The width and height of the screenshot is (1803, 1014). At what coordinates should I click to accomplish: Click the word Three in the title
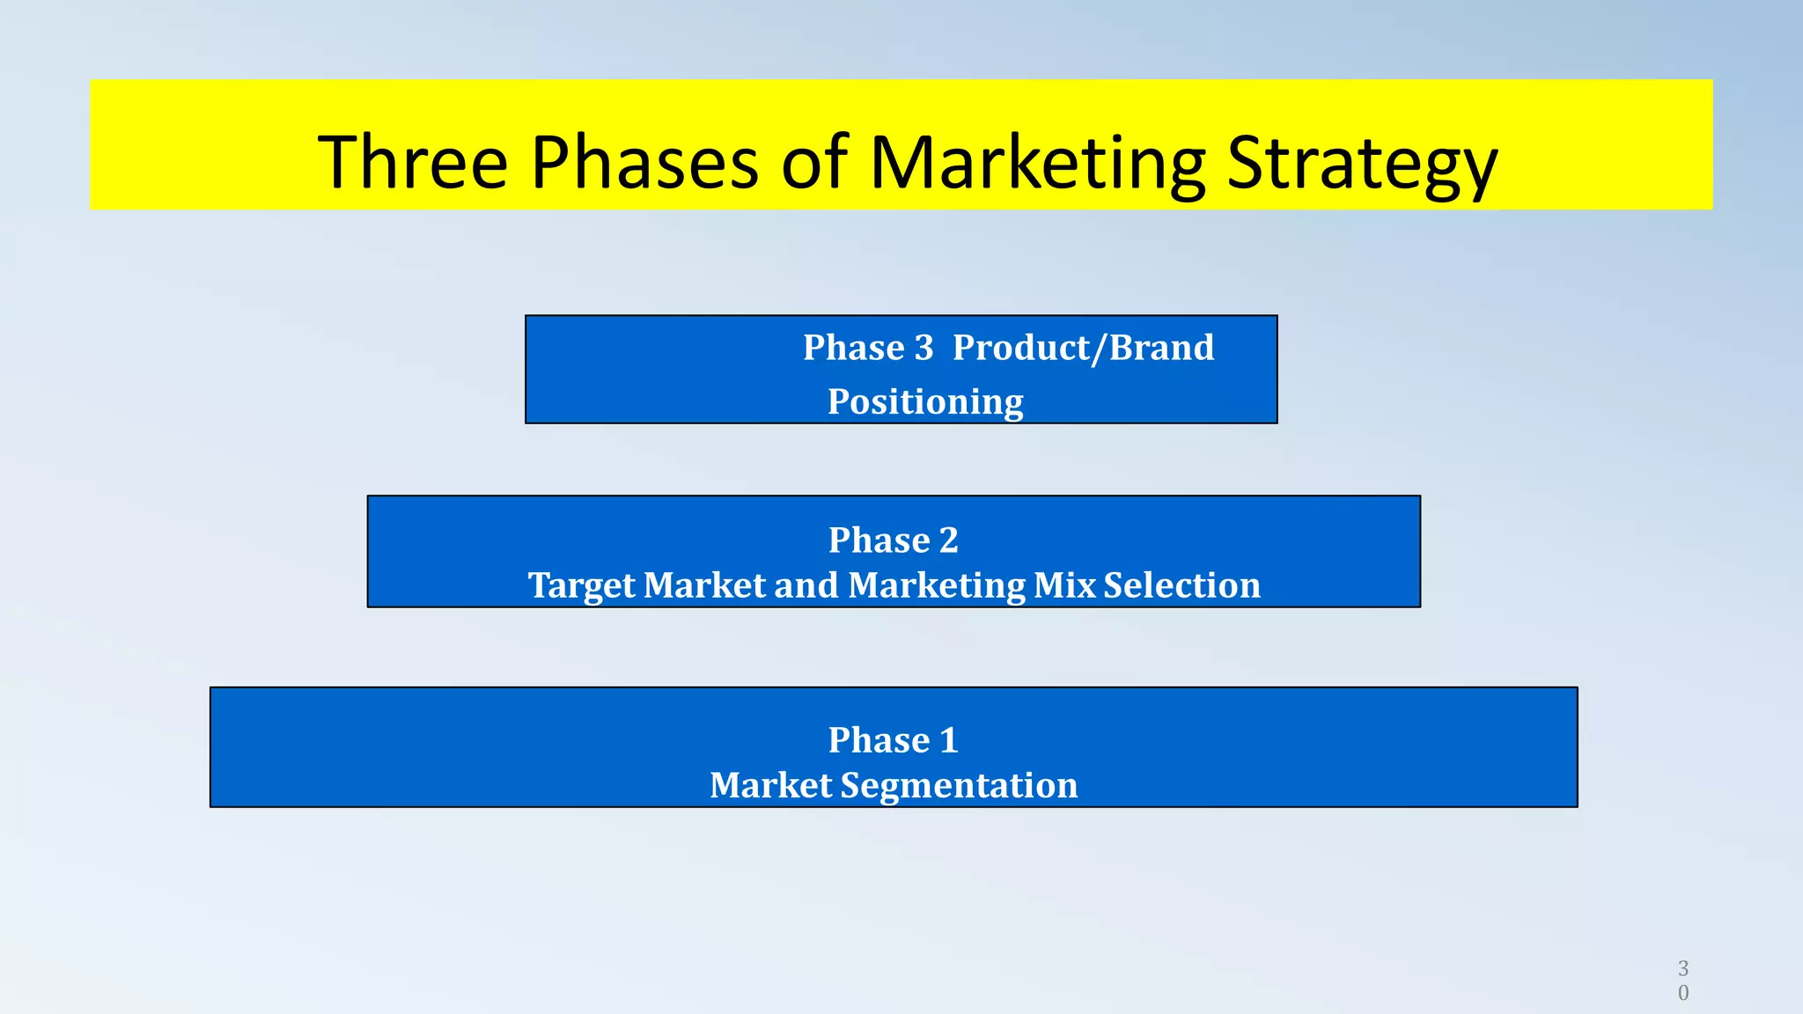click(412, 162)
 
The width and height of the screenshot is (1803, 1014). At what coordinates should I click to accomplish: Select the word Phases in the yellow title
click(644, 162)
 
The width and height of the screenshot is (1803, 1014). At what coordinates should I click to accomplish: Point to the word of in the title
click(813, 162)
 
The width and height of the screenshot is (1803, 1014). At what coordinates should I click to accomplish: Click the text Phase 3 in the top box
click(867, 348)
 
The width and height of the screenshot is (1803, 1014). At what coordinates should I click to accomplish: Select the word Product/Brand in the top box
click(1083, 349)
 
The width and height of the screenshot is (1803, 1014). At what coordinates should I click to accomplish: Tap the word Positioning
click(925, 402)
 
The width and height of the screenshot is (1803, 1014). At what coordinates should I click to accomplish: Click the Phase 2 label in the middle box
click(893, 540)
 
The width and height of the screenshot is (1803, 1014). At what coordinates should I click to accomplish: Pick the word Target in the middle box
click(581, 586)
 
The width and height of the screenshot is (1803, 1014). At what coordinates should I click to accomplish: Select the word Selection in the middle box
click(1181, 585)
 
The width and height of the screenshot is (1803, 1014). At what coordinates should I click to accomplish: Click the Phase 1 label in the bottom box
click(893, 739)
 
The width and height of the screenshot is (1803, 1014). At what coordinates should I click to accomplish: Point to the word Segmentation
click(959, 786)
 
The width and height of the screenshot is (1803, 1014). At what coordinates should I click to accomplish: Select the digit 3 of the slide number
click(1683, 968)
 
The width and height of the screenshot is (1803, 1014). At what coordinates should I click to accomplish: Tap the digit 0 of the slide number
click(1683, 993)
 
